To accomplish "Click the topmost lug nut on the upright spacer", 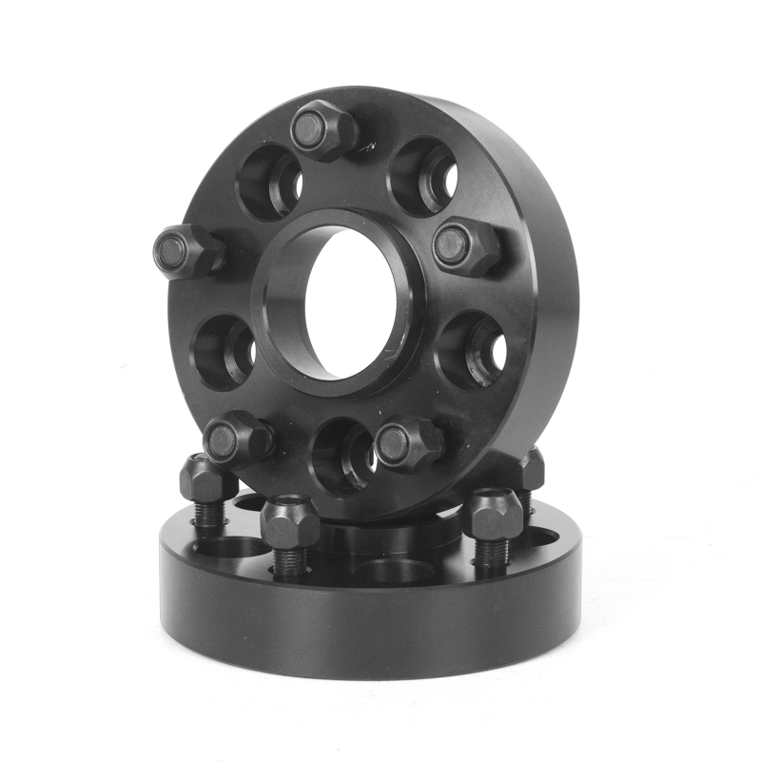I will pyautogui.click(x=322, y=131).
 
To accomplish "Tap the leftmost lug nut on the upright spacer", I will pyautogui.click(x=186, y=251).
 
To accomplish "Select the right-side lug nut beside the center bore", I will pyautogui.click(x=465, y=246).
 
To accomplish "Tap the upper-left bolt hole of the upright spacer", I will pyautogui.click(x=269, y=182).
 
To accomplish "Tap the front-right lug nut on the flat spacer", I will pyautogui.click(x=492, y=515).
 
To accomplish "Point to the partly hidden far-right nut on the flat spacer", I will pyautogui.click(x=531, y=469).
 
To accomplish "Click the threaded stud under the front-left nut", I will pyautogui.click(x=290, y=561).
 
